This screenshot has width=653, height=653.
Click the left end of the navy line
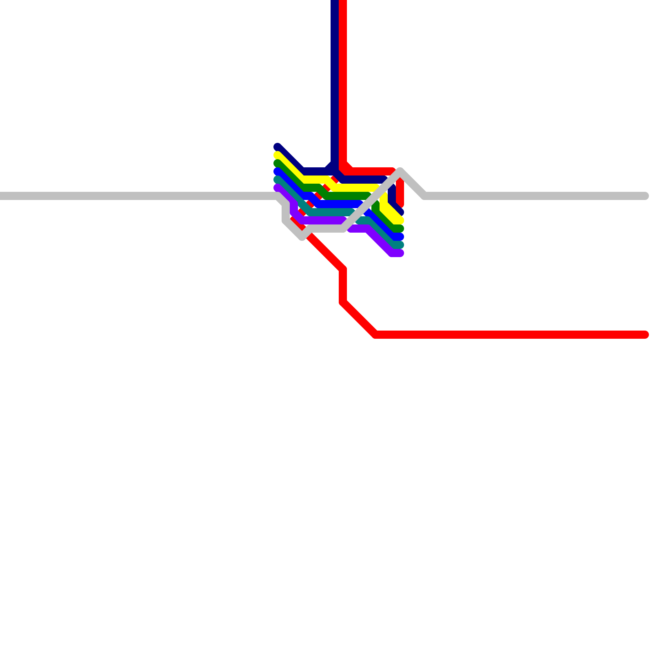point(278,147)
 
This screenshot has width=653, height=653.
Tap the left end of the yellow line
point(278,155)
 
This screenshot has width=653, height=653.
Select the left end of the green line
point(278,163)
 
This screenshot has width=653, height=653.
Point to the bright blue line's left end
point(278,171)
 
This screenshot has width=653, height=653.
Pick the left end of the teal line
point(278,180)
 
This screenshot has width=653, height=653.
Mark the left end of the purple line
point(278,188)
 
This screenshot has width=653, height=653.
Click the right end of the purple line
point(400,253)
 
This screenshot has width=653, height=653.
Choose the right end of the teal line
point(400,245)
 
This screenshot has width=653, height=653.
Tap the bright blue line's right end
point(400,237)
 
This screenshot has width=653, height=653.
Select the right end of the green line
point(400,229)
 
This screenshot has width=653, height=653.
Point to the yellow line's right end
point(400,220)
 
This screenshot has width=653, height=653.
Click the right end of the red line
point(645,335)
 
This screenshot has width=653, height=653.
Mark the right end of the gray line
point(645,196)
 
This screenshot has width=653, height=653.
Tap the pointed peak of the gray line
point(400,170)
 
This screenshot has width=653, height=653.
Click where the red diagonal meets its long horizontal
point(375,335)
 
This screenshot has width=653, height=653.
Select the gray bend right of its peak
point(425,196)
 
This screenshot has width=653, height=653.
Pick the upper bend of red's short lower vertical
point(343,269)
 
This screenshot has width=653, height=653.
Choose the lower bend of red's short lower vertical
point(343,302)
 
